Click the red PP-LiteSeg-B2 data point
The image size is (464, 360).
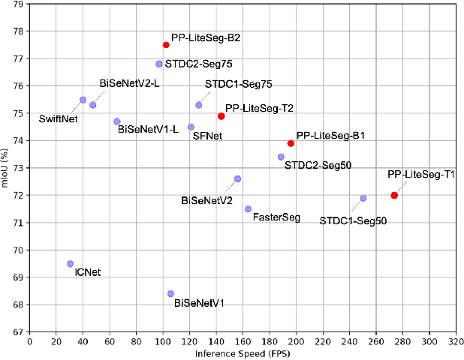(166, 45)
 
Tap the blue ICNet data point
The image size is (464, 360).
(70, 264)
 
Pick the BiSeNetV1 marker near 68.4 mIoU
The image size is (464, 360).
(170, 294)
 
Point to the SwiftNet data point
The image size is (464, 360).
(83, 100)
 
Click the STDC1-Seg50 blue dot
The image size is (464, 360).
(363, 198)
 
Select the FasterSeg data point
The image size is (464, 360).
(248, 209)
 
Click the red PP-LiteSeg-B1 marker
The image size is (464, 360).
(291, 143)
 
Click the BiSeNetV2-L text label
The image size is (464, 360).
(129, 83)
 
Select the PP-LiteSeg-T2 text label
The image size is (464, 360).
(259, 109)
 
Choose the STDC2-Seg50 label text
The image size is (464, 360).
(318, 164)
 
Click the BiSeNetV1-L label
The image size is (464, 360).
(148, 129)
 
